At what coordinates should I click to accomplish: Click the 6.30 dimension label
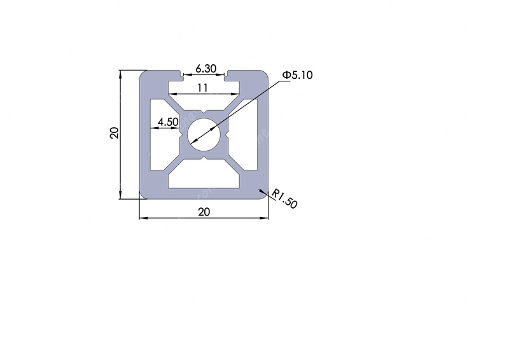tap(206, 69)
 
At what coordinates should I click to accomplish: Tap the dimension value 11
tap(202, 88)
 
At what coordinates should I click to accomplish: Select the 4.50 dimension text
tap(168, 121)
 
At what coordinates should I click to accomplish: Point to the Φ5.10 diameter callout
tap(297, 75)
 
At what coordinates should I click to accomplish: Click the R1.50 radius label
tap(284, 198)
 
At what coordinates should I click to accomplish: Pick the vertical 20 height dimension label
tap(115, 133)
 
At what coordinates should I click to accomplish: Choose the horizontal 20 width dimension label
tap(204, 212)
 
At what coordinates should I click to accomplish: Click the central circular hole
tap(204, 134)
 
